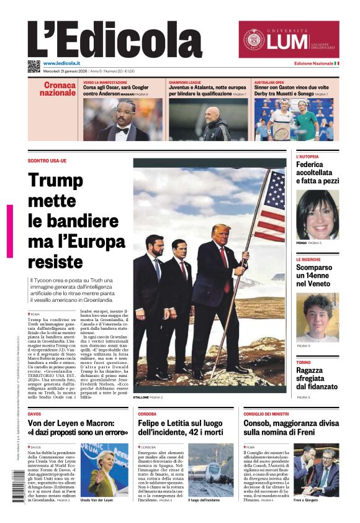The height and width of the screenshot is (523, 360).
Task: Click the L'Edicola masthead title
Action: [115, 40]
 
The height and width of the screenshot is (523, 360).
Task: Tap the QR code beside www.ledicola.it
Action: [34, 65]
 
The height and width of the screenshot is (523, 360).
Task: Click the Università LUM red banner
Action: [289, 40]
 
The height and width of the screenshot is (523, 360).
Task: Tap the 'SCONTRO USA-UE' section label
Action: [47, 161]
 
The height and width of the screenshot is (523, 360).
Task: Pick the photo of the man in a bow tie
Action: [122, 119]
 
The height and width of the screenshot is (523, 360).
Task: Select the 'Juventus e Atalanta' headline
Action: [207, 91]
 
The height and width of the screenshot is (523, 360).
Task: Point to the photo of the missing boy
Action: [317, 317]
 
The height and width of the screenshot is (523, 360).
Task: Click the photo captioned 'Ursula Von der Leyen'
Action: [104, 469]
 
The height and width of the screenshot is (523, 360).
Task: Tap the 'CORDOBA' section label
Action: [147, 413]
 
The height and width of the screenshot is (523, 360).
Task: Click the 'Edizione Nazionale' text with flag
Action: [316, 63]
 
